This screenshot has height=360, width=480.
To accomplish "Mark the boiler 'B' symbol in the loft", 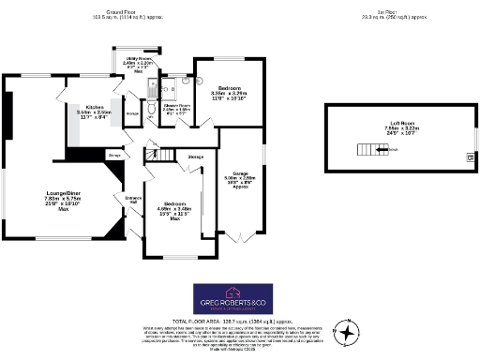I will point(468,157).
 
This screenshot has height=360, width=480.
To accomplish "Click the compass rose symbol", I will point(348,331).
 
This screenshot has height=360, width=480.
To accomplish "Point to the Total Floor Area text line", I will point(238,320).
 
